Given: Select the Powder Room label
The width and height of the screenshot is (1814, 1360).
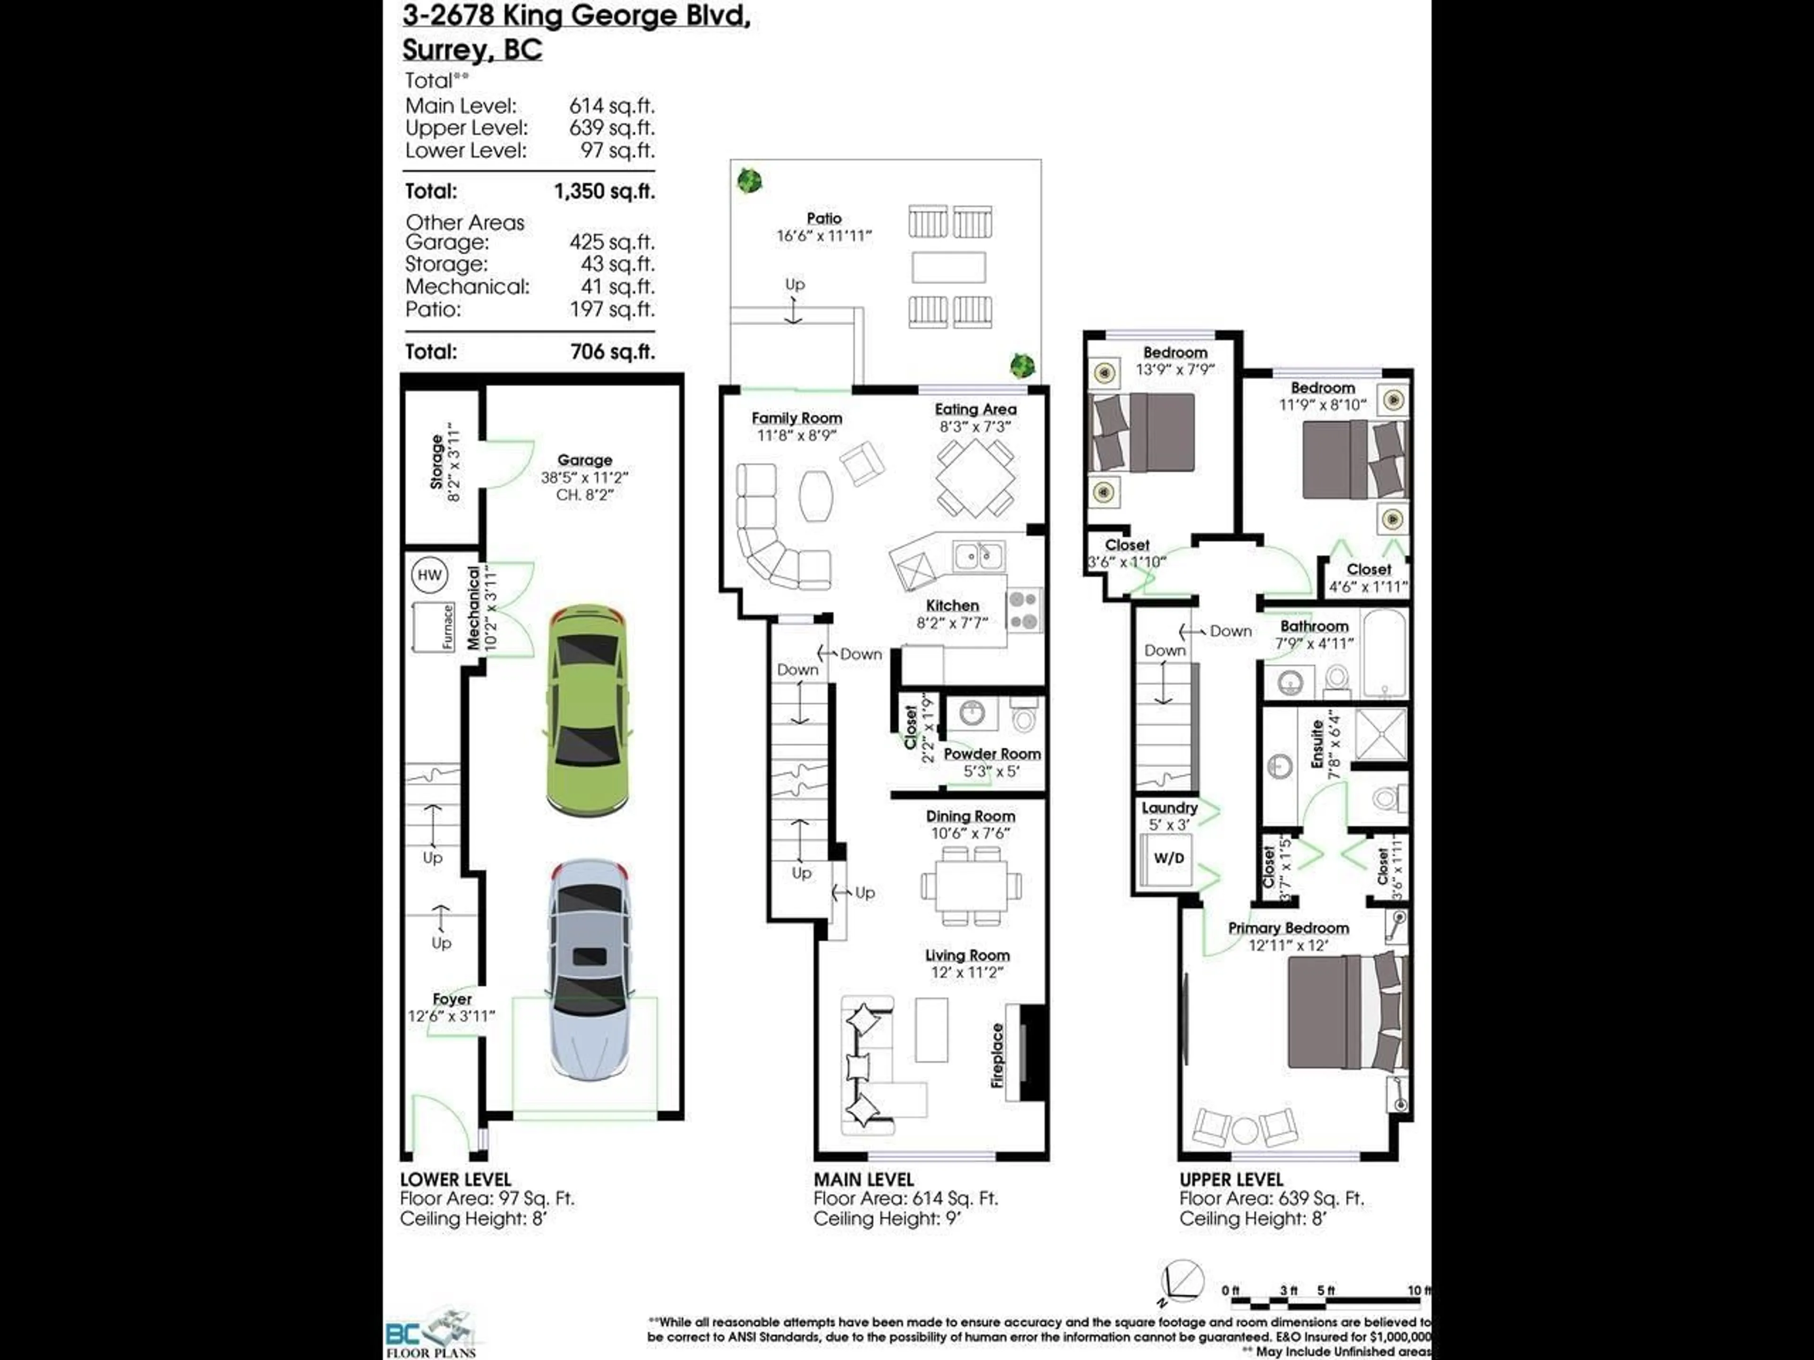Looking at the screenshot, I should [x=992, y=753].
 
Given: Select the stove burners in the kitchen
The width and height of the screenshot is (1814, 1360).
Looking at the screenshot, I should [x=1024, y=610].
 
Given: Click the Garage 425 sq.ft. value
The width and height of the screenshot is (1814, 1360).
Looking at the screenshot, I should [x=612, y=243].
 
